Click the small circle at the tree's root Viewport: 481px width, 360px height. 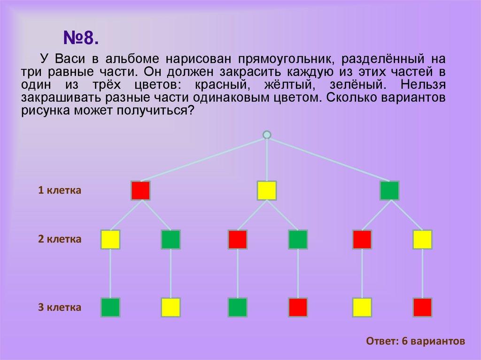click(267, 135)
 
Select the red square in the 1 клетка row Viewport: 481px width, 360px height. click(141, 191)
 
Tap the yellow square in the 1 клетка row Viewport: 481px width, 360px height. click(267, 191)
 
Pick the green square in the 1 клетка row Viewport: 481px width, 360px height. click(389, 191)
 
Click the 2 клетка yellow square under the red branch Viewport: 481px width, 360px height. click(110, 239)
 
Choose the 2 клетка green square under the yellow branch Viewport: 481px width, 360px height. click(298, 239)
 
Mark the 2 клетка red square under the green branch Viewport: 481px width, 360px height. click(362, 239)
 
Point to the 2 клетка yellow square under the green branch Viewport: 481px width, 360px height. click(423, 239)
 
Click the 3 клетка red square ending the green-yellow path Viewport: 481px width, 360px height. click(423, 307)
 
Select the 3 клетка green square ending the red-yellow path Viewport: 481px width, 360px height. click(110, 307)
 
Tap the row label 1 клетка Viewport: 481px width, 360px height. click(60, 190)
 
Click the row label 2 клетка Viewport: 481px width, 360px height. click(60, 239)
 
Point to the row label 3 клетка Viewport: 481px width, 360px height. click(60, 307)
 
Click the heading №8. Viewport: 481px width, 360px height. click(81, 38)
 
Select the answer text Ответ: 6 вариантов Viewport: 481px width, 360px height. click(415, 341)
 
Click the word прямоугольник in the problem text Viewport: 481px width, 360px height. click(285, 59)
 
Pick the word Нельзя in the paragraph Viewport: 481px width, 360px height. click(423, 84)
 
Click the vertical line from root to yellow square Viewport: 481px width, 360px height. click(267, 160)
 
